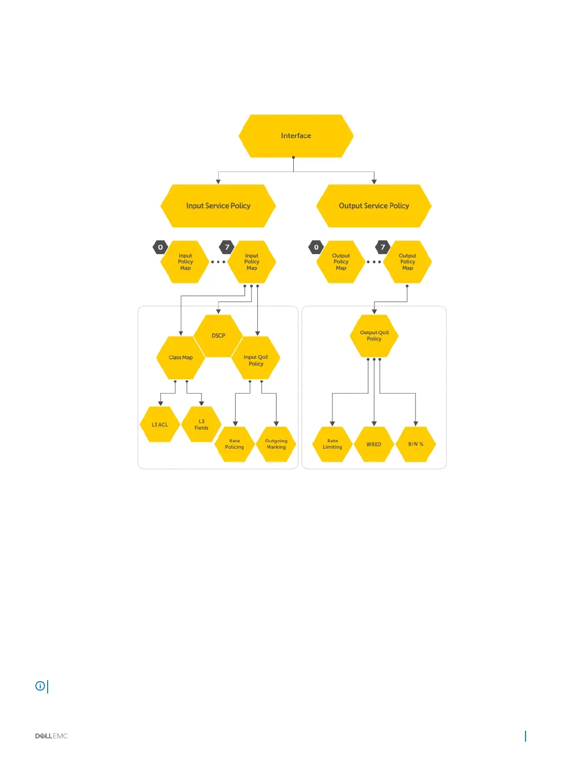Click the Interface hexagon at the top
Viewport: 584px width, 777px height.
click(x=296, y=136)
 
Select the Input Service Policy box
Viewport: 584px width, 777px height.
click(x=218, y=206)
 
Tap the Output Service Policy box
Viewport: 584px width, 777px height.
click(x=374, y=206)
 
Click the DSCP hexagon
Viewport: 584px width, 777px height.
click(x=218, y=336)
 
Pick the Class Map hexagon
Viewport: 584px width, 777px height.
click(x=180, y=358)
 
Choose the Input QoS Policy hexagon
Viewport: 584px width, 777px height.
click(x=256, y=360)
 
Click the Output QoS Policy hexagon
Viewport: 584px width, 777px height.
click(x=374, y=336)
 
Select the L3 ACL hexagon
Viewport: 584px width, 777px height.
click(x=160, y=425)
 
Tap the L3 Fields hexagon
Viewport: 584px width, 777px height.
click(x=201, y=425)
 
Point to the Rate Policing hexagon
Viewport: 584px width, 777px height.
click(x=234, y=444)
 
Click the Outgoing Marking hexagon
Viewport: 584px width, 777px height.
click(x=276, y=444)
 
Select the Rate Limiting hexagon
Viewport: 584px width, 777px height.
click(x=332, y=444)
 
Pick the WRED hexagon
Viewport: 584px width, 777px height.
click(x=374, y=444)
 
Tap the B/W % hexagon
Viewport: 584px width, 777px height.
click(x=416, y=444)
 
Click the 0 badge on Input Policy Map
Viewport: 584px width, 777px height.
click(x=160, y=247)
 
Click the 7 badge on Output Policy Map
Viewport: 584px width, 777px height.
click(x=383, y=247)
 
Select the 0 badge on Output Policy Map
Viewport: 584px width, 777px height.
click(x=316, y=247)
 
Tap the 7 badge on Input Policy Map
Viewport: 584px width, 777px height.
click(x=227, y=247)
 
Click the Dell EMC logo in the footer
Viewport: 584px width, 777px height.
click(x=51, y=736)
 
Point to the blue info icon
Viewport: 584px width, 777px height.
click(x=40, y=686)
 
